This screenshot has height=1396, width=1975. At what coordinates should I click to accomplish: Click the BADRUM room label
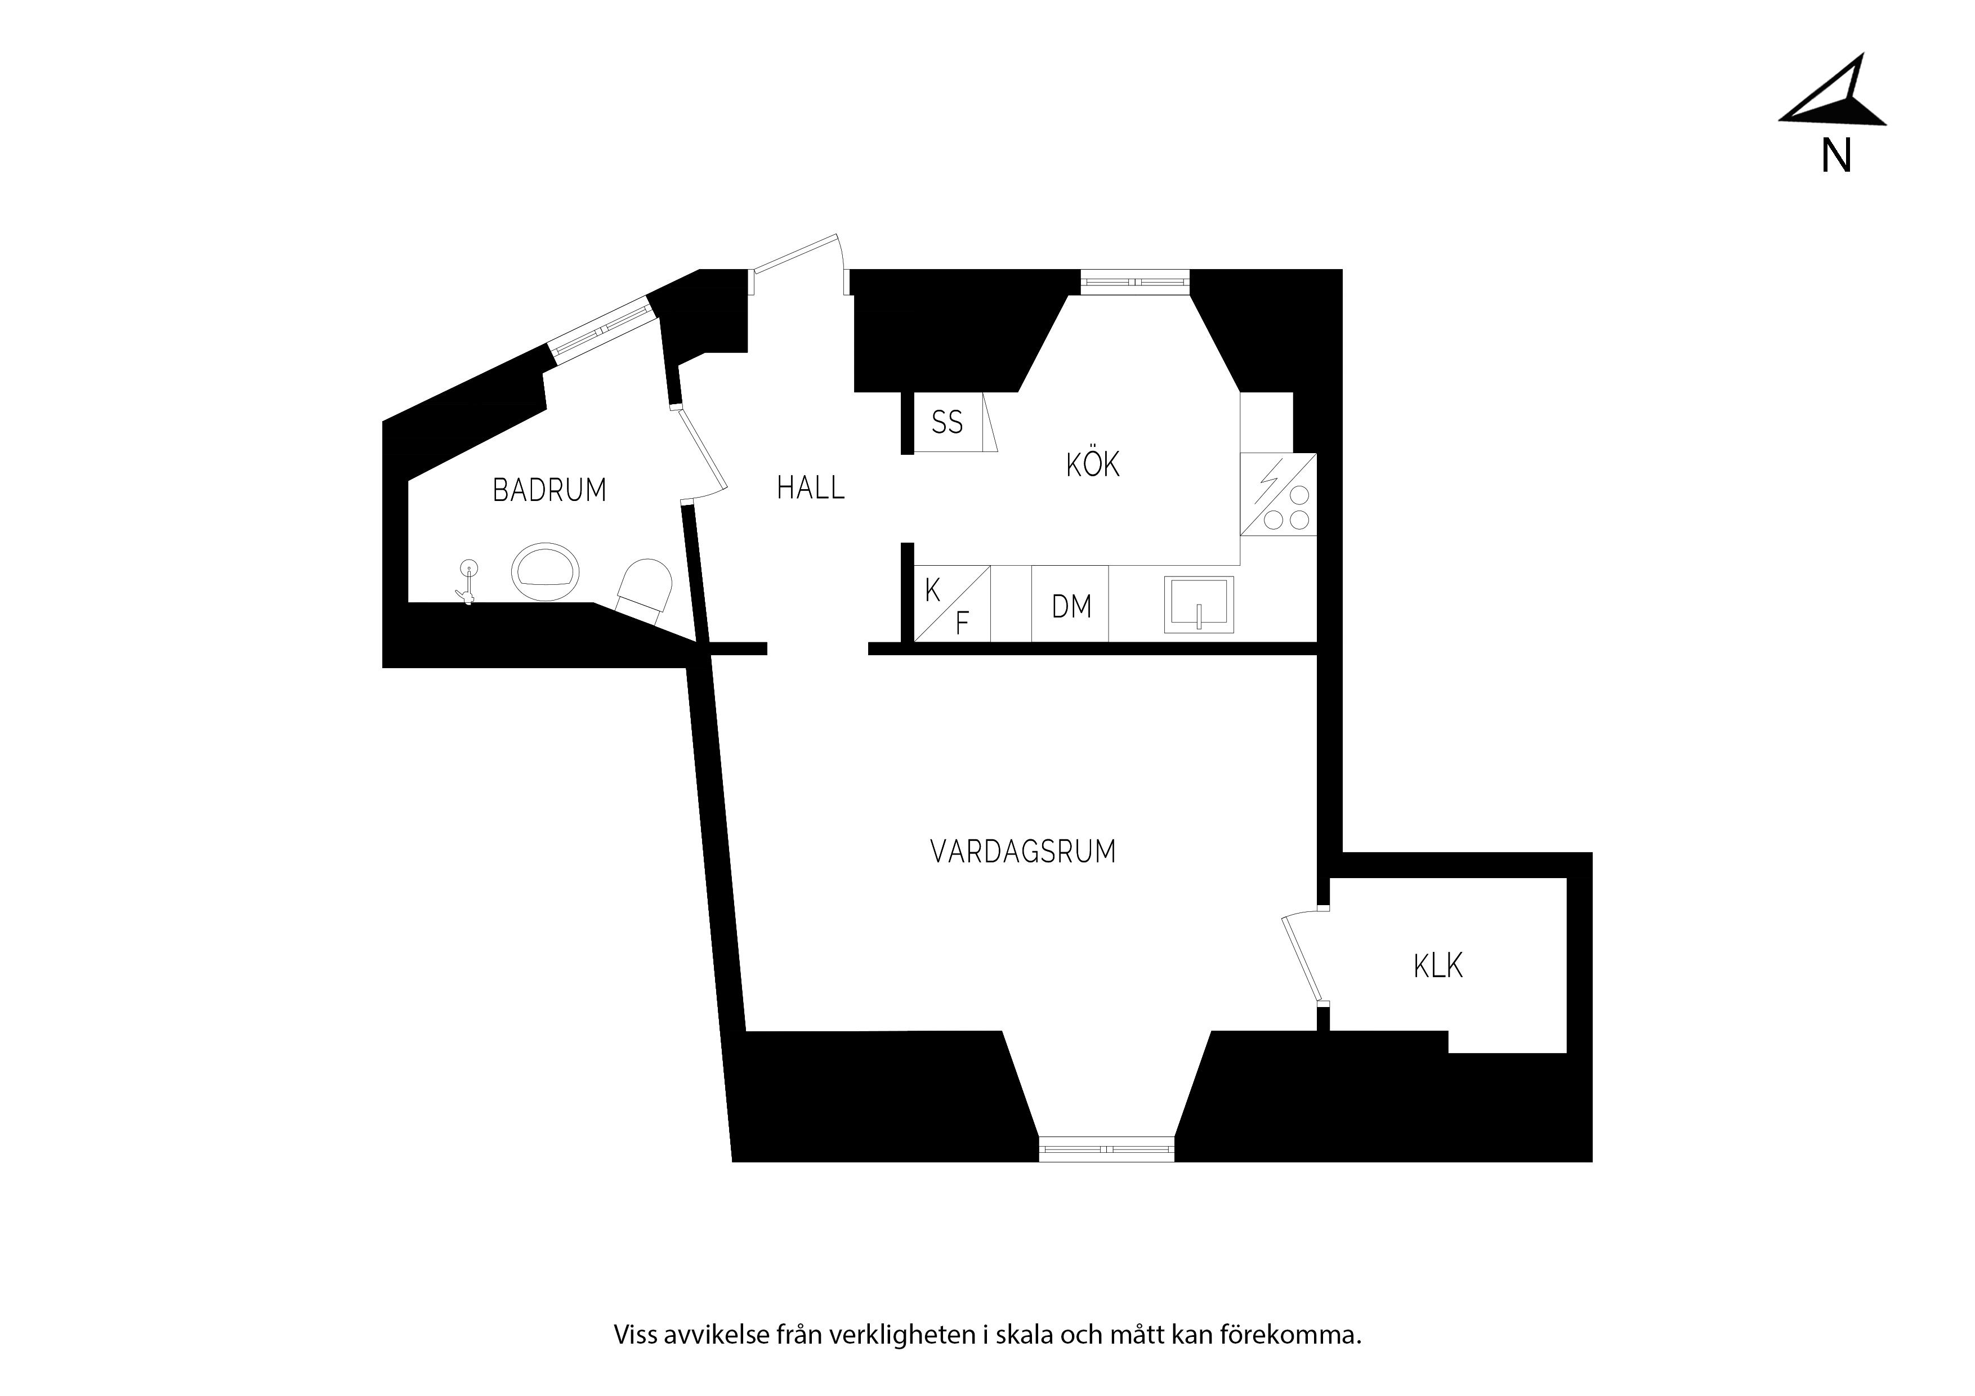[549, 490]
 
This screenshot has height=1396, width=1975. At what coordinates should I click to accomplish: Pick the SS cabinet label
[947, 422]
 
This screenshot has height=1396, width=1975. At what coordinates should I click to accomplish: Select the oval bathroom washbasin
[546, 571]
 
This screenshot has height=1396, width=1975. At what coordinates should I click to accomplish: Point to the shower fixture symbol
[467, 580]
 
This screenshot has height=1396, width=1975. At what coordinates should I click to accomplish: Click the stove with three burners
[1278, 495]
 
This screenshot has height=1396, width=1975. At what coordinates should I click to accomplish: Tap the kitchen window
[1134, 282]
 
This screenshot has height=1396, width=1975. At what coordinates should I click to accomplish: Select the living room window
[1106, 1149]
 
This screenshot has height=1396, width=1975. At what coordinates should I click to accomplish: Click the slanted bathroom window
[598, 326]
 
